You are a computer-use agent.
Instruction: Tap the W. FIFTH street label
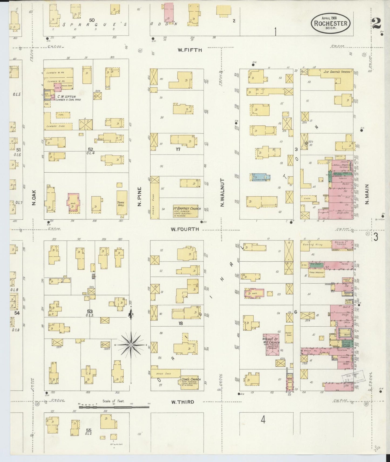(x=190, y=50)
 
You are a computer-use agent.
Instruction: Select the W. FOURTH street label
(x=185, y=229)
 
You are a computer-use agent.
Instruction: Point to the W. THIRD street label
(x=182, y=402)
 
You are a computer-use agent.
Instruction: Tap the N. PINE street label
(x=140, y=197)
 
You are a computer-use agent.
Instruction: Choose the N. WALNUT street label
(x=222, y=192)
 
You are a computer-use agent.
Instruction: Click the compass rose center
(x=131, y=345)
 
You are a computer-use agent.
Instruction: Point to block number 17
(x=178, y=149)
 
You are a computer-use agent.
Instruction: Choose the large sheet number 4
(x=263, y=420)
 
